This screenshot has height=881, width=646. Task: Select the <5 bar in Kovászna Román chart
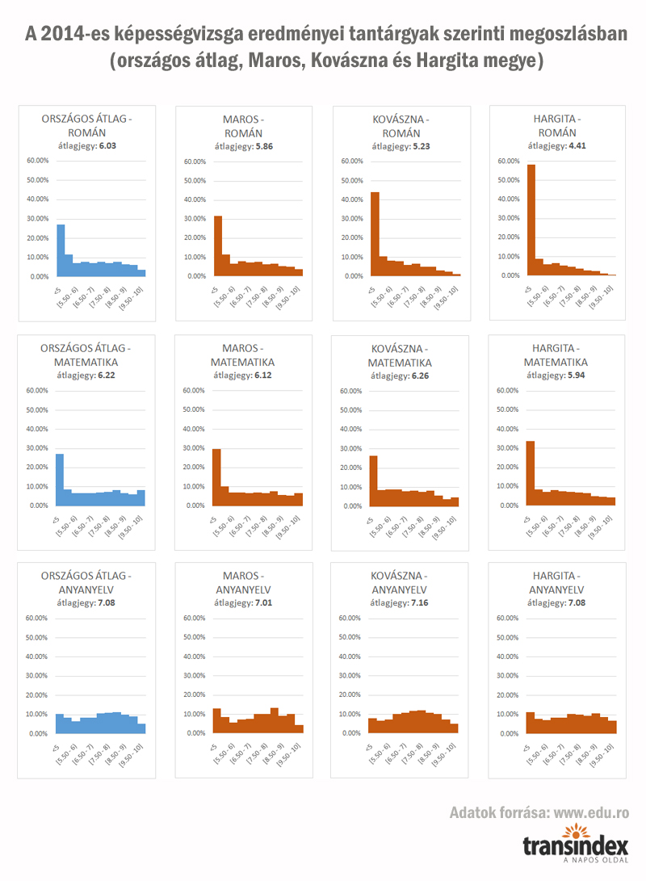tap(375, 234)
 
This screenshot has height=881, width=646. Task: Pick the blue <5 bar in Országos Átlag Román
tap(61, 250)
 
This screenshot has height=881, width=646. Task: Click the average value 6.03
tap(107, 146)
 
